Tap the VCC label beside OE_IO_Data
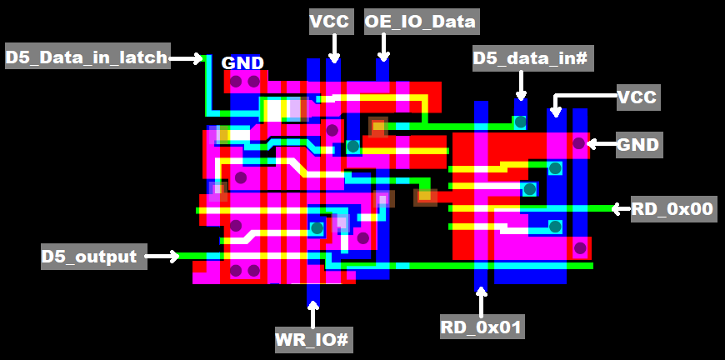click(x=329, y=22)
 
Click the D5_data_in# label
click(x=532, y=58)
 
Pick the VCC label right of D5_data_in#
click(x=637, y=97)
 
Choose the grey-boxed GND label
click(x=637, y=145)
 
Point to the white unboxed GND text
click(x=242, y=63)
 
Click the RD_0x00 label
click(x=672, y=208)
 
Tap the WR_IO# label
click(x=312, y=339)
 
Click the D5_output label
click(x=89, y=257)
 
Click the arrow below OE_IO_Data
click(x=383, y=48)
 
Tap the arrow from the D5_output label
click(x=162, y=257)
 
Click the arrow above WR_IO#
click(x=313, y=316)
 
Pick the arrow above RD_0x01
click(x=481, y=301)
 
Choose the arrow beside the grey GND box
click(x=600, y=144)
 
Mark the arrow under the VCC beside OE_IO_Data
click(x=333, y=48)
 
